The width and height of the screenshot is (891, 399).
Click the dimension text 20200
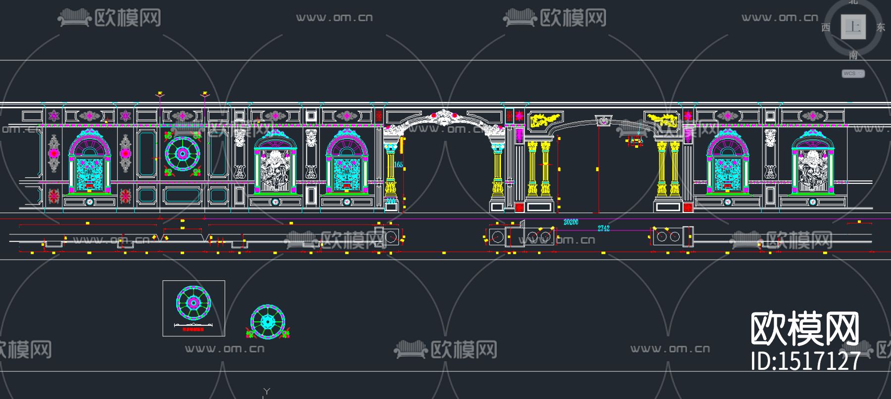pyautogui.click(x=571, y=222)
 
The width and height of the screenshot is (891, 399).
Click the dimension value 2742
pyautogui.click(x=603, y=228)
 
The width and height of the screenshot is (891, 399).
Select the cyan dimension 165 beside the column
pyautogui.click(x=398, y=165)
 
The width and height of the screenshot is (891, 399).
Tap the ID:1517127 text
pyautogui.click(x=805, y=361)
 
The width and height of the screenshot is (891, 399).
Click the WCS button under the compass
pyautogui.click(x=853, y=74)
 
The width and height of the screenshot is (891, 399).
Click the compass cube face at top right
pyautogui.click(x=853, y=27)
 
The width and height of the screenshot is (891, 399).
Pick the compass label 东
pyautogui.click(x=880, y=27)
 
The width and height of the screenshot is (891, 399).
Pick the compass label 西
pyautogui.click(x=826, y=27)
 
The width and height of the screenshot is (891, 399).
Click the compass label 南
pyautogui.click(x=853, y=55)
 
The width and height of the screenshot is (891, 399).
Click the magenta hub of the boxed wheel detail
pyautogui.click(x=194, y=303)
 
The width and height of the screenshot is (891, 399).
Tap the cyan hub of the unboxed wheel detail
pyautogui.click(x=268, y=322)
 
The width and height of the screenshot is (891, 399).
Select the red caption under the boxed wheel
pyautogui.click(x=193, y=329)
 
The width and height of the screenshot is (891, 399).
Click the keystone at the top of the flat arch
pyautogui.click(x=603, y=120)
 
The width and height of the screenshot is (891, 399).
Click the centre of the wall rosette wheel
pyautogui.click(x=182, y=154)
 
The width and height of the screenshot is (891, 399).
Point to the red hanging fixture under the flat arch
pyautogui.click(x=634, y=142)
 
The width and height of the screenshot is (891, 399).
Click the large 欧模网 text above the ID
pyautogui.click(x=805, y=328)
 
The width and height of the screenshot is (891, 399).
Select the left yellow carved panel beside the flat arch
pyautogui.click(x=544, y=120)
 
